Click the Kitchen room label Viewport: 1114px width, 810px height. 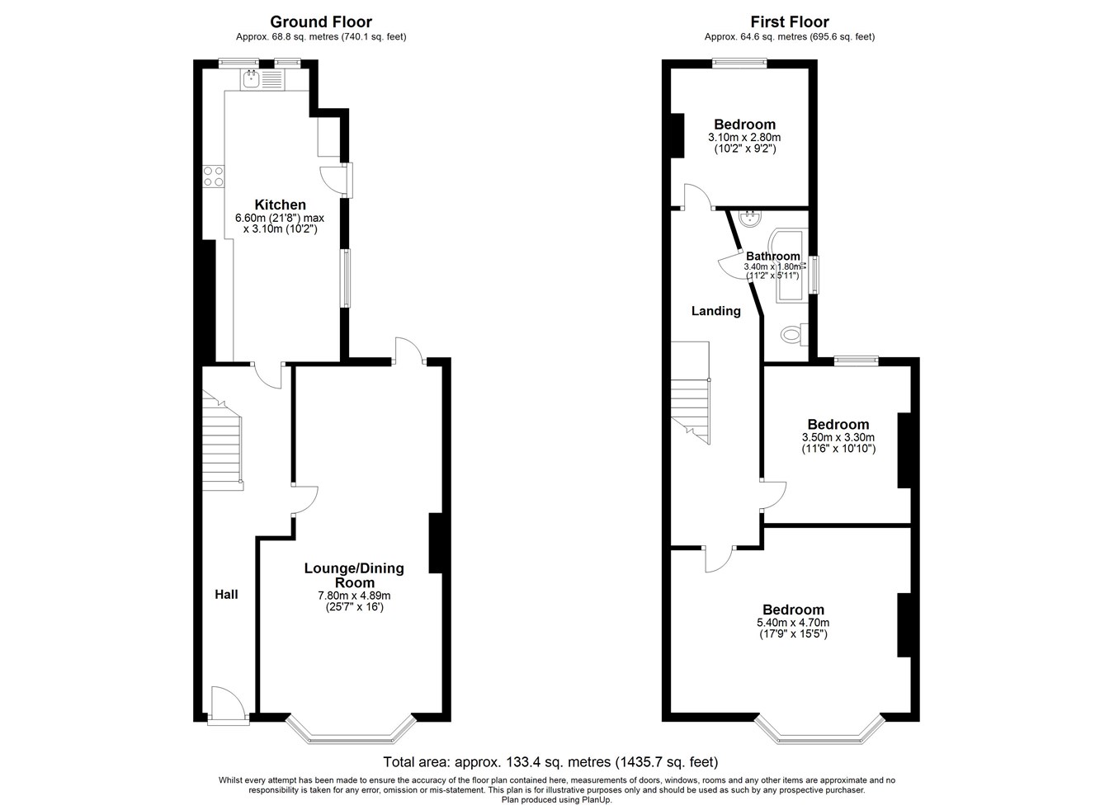[280, 205]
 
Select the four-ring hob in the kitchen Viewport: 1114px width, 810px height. [214, 177]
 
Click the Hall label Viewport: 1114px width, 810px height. [226, 594]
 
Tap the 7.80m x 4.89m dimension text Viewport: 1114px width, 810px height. [354, 596]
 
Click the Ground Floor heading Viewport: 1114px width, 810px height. [321, 22]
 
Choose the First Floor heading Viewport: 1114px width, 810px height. [790, 22]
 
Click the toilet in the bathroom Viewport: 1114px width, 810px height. [794, 333]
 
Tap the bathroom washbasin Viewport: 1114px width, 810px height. [749, 219]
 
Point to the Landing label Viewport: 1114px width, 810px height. [716, 311]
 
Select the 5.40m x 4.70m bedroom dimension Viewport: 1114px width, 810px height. [793, 623]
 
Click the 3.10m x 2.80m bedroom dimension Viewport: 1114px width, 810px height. [744, 137]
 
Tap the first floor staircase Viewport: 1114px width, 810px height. [691, 393]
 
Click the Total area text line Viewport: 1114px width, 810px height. [550, 762]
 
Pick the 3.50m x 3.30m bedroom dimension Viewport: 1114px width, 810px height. [838, 437]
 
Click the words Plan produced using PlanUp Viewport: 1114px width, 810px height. [556, 800]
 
